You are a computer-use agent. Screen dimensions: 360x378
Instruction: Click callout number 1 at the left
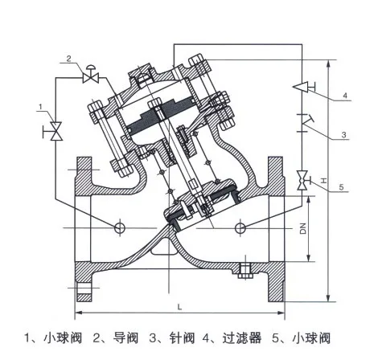(x=39, y=106)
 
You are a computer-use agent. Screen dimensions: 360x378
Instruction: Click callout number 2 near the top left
(x=69, y=59)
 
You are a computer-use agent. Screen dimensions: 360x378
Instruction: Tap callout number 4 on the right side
(x=343, y=96)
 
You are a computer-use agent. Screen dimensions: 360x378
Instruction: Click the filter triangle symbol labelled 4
(x=302, y=84)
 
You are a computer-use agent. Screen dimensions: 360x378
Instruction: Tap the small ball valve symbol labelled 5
(x=302, y=179)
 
